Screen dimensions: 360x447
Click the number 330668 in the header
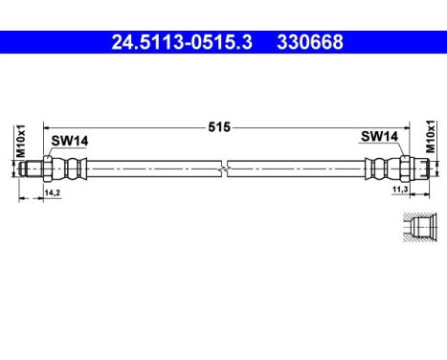click(x=309, y=42)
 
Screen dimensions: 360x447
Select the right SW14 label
click(x=380, y=138)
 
